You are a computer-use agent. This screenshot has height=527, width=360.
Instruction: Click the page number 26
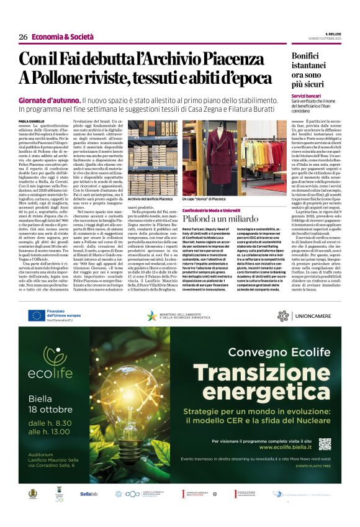pos(23,37)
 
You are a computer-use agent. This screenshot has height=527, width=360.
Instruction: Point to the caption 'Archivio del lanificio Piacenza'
pos(151,199)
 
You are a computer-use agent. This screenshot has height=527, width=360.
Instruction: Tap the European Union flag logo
pos(37,315)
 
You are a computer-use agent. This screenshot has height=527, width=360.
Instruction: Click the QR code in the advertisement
pos(325,444)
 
